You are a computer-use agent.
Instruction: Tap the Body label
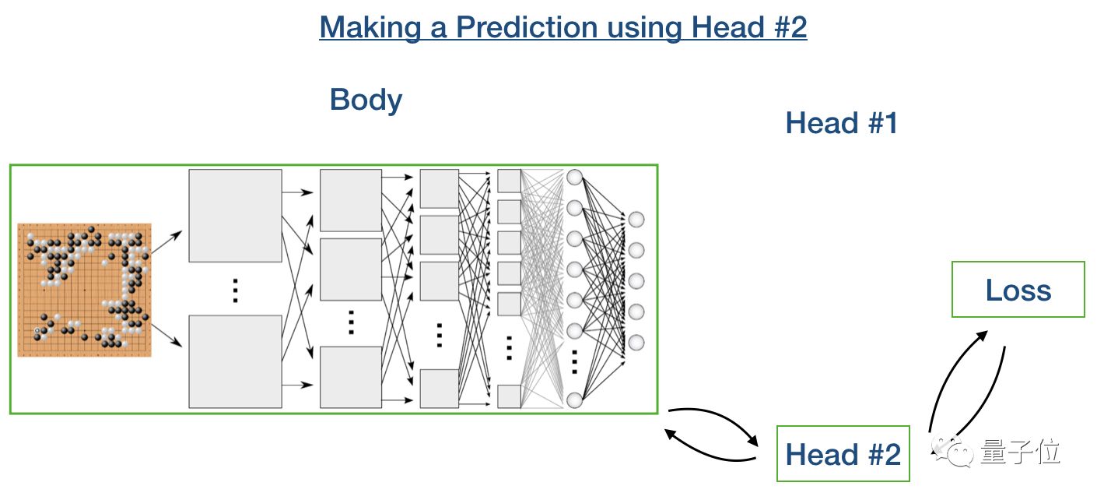click(366, 100)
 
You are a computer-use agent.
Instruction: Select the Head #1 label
click(842, 123)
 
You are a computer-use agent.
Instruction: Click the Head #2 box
click(843, 453)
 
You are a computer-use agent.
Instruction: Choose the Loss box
click(1018, 290)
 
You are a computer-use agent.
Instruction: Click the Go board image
click(84, 290)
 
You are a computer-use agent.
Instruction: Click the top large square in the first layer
click(235, 215)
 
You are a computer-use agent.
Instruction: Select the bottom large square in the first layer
click(235, 361)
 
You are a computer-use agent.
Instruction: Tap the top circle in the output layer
click(636, 219)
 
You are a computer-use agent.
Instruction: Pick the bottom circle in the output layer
click(636, 342)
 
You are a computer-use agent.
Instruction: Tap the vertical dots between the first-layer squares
click(235, 290)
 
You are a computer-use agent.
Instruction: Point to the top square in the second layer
click(350, 200)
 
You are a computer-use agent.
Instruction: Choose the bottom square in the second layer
click(350, 377)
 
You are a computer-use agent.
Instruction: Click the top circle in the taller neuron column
click(575, 177)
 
